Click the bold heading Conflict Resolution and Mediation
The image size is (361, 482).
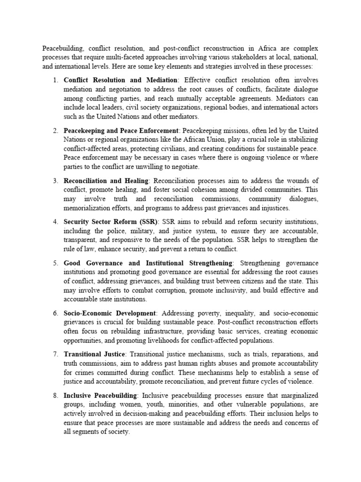coord(120,80)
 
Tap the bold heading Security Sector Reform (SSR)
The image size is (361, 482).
coord(111,222)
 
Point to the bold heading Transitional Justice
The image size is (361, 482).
coord(94,353)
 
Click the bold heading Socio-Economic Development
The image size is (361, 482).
coord(110,313)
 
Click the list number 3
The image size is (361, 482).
coord(55,181)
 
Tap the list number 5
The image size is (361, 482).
coord(55,263)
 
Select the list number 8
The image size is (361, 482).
coord(55,396)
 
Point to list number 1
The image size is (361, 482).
coord(55,80)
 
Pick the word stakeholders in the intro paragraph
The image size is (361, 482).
coord(248,57)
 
